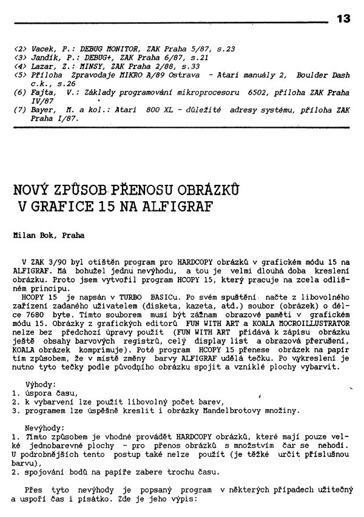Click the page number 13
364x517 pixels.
343,19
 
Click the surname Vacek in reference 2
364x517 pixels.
40,47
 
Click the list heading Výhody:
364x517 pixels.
41,384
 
